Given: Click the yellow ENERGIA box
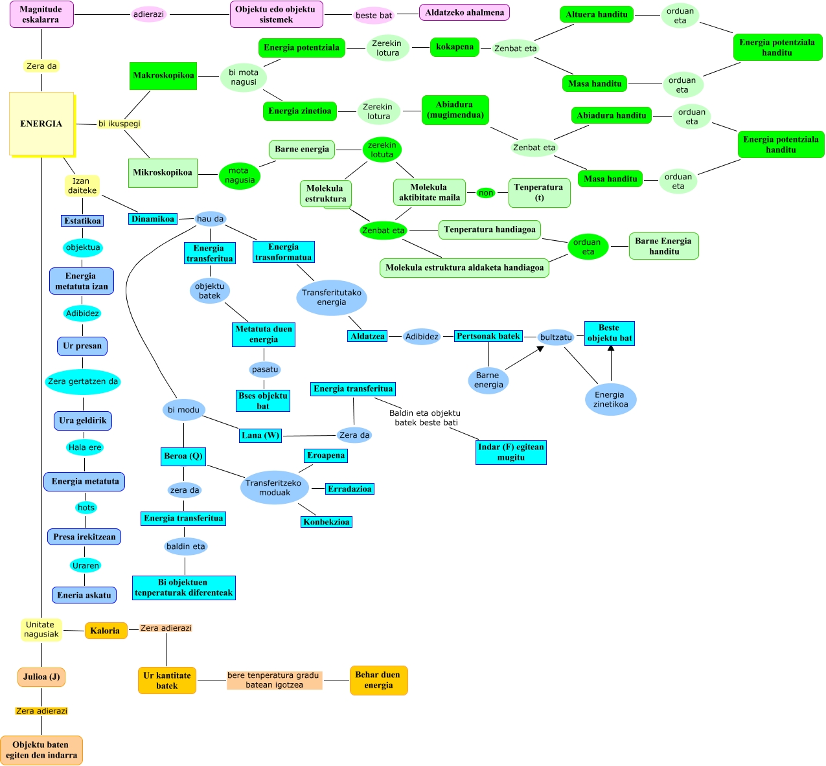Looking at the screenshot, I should [x=41, y=124].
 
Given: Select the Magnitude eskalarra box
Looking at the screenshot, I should [x=41, y=14].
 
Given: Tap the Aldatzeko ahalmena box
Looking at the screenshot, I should [x=465, y=12].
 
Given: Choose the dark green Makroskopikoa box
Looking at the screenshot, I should [x=163, y=76].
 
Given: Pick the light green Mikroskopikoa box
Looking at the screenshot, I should [x=163, y=173].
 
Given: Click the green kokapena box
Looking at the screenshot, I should [x=454, y=47].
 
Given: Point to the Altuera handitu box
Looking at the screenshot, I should [x=596, y=14].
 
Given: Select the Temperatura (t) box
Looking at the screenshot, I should [x=539, y=192].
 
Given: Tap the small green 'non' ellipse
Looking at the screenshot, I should [x=486, y=193].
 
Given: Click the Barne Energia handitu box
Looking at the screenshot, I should [x=663, y=246].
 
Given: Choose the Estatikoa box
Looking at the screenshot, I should [x=82, y=221].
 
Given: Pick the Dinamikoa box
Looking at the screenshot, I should [x=153, y=219].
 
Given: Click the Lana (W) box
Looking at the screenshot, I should [x=260, y=435].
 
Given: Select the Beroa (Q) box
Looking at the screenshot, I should [x=183, y=456].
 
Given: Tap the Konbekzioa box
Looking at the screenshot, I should [x=327, y=522].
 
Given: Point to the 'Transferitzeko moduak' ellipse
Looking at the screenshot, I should [x=274, y=488].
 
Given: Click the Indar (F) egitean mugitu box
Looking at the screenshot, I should [x=511, y=452].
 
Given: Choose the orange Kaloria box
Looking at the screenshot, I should [x=105, y=631].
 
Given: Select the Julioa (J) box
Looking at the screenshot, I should [x=41, y=677].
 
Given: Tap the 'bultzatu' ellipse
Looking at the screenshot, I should [x=556, y=337].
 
